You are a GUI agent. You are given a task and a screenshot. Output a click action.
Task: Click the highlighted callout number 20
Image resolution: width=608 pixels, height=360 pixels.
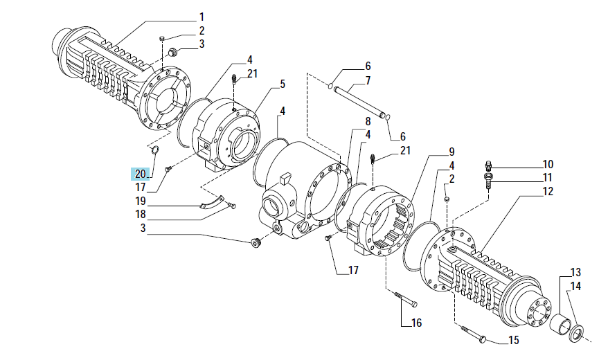click(x=141, y=174)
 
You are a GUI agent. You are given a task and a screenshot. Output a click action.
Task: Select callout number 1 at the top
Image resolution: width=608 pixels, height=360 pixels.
click(x=202, y=17)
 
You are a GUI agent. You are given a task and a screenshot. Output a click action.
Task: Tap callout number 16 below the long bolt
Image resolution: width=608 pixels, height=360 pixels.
click(x=416, y=323)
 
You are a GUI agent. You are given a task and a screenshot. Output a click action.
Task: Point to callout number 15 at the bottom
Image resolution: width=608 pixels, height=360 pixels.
click(x=513, y=340)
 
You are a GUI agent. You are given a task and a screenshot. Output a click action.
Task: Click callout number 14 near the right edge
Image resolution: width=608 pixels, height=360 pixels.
click(x=576, y=286)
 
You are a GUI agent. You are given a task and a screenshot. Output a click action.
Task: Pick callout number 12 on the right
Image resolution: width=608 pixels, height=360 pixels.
click(x=548, y=191)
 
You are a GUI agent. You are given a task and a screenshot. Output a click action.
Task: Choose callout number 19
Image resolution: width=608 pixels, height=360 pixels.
click(x=141, y=201)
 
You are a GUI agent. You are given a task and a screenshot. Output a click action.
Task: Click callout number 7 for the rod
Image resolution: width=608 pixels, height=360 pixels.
click(x=368, y=80)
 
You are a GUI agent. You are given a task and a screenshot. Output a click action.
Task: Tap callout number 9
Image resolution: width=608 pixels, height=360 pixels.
click(x=451, y=152)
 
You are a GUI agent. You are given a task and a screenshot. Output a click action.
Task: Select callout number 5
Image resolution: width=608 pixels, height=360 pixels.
click(x=283, y=84)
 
